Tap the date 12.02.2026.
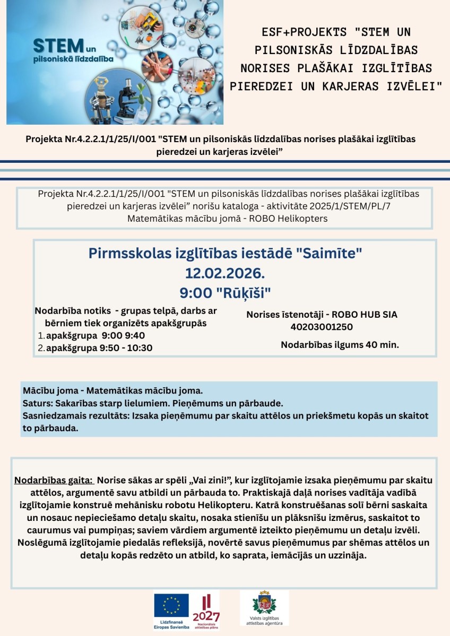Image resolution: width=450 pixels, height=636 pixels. click(x=224, y=273)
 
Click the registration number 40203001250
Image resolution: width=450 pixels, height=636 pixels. click(x=322, y=327)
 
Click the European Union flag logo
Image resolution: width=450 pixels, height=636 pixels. click(x=171, y=605)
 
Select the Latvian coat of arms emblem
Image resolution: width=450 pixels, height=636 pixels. click(x=264, y=604)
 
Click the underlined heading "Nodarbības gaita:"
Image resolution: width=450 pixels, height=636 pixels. click(x=54, y=481)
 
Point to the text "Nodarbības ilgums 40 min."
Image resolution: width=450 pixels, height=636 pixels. click(x=340, y=345)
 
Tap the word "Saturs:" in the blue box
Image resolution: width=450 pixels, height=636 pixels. click(x=37, y=403)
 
